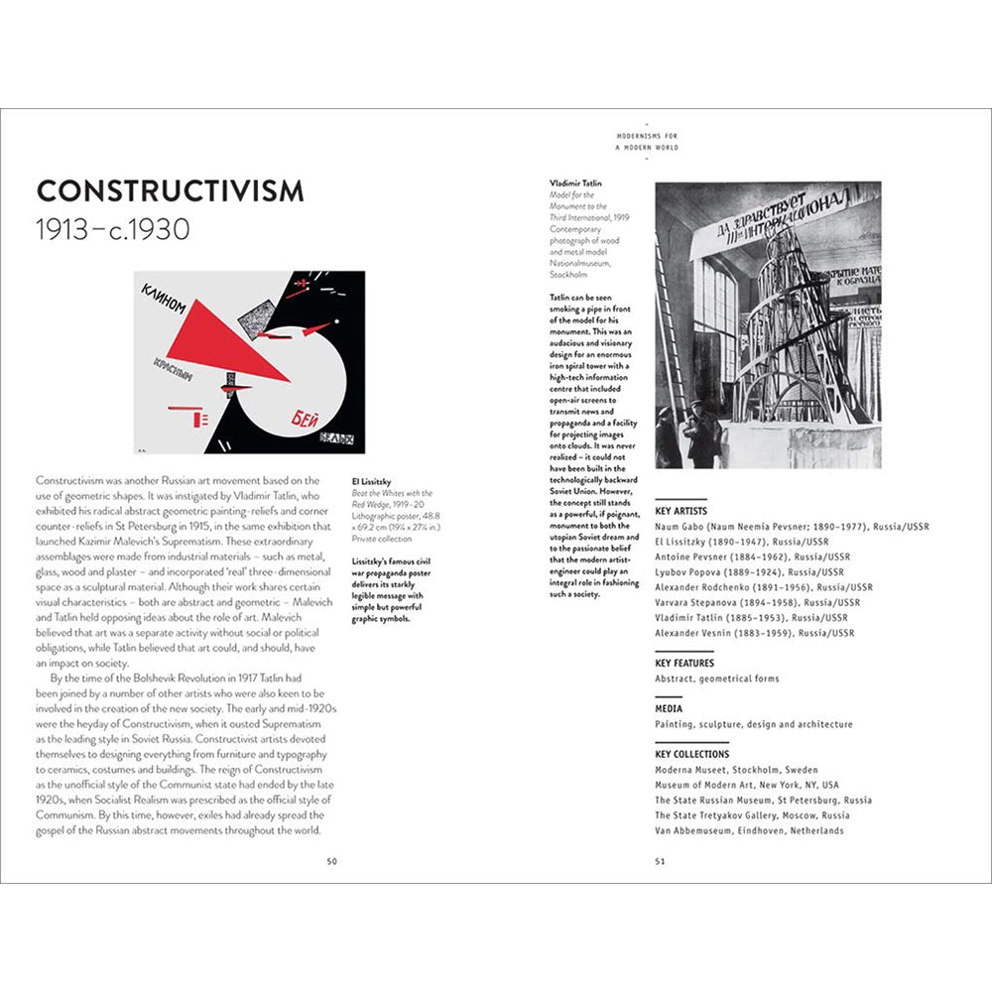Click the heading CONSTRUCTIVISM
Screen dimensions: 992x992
(170, 191)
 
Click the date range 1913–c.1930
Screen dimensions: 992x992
(112, 231)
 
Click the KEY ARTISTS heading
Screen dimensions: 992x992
(682, 511)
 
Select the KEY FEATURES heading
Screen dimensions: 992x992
(684, 663)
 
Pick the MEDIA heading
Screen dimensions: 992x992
(668, 708)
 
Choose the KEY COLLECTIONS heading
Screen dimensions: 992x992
(692, 754)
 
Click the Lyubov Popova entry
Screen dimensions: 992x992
(749, 572)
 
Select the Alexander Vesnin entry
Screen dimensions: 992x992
(754, 633)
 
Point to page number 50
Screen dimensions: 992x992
(332, 861)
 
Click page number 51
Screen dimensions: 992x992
(660, 861)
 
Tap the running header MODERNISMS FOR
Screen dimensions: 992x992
(647, 136)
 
